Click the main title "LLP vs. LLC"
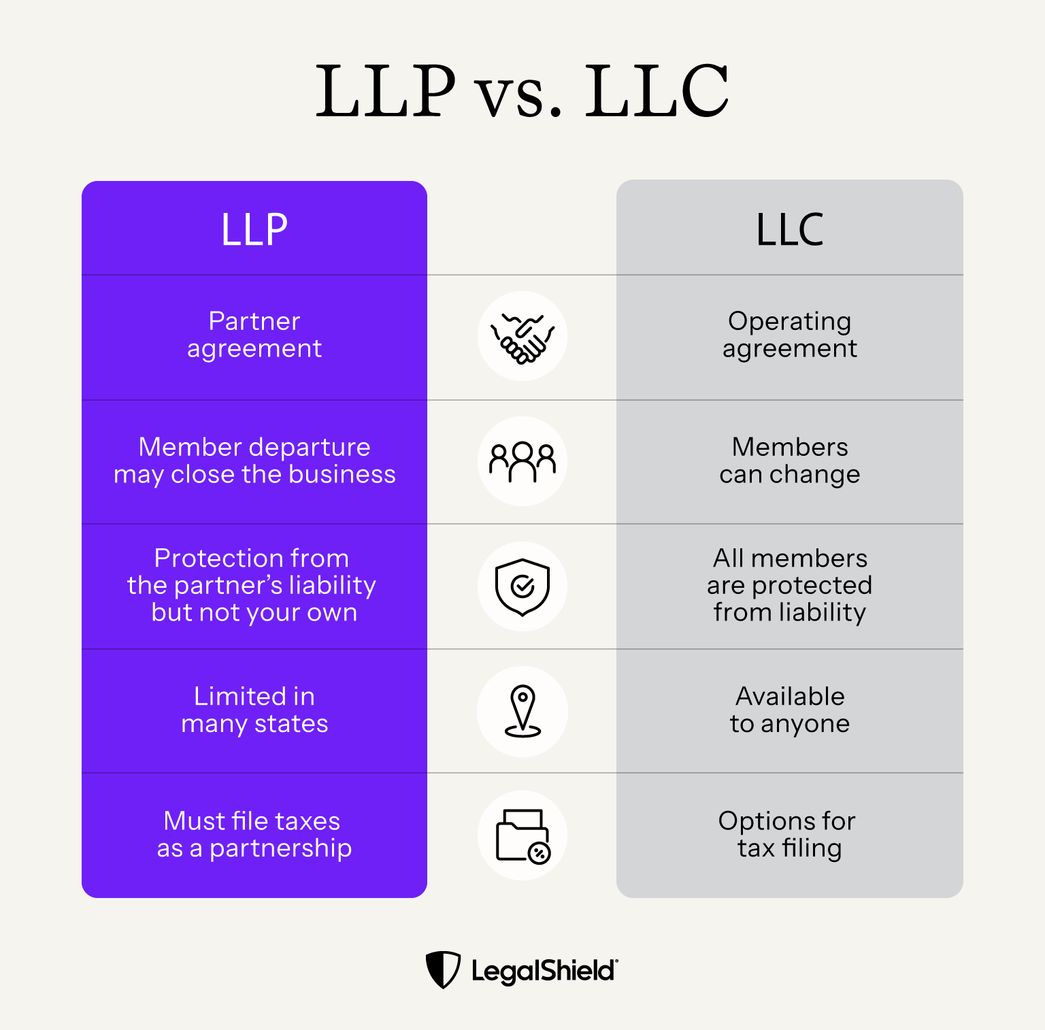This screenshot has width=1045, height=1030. [x=522, y=90]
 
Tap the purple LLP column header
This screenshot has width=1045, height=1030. [x=254, y=229]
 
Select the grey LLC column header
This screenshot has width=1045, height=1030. [x=789, y=229]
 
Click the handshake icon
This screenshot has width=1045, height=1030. [x=522, y=336]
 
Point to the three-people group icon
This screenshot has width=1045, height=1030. [x=522, y=461]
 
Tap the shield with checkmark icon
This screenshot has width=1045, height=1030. [x=522, y=586]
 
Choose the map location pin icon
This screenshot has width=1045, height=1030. [x=522, y=711]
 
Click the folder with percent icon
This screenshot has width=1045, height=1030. [x=522, y=835]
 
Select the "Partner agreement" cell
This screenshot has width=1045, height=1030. [x=254, y=335]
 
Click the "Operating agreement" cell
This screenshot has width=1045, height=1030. [x=789, y=335]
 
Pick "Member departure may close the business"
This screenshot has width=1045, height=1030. [x=254, y=461]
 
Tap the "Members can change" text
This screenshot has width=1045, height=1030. [x=789, y=461]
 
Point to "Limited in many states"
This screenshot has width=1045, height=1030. [x=254, y=710]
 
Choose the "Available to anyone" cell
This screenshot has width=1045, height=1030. [x=789, y=710]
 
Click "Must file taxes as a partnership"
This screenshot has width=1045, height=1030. [x=254, y=834]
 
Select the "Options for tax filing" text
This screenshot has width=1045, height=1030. [x=789, y=834]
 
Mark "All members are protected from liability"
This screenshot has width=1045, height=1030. [x=789, y=585]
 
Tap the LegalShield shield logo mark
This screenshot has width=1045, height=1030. [x=443, y=969]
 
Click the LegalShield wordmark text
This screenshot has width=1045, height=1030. [x=544, y=971]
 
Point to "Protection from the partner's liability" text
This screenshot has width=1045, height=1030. [x=252, y=585]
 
